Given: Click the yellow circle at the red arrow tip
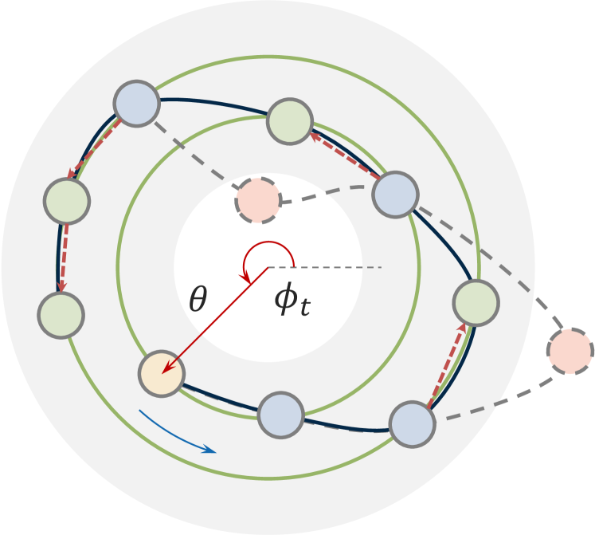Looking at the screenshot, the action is [162, 372].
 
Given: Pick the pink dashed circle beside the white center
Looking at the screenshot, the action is [258, 200].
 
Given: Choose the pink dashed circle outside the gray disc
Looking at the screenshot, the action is [570, 351].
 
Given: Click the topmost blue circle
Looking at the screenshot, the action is [137, 102].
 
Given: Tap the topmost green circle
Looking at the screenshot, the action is [288, 122].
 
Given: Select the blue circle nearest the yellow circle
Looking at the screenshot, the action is [281, 414].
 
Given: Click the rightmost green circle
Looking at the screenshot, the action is [476, 303].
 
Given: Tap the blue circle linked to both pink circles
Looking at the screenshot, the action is [396, 192].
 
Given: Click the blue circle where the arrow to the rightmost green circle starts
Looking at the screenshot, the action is [413, 423].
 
